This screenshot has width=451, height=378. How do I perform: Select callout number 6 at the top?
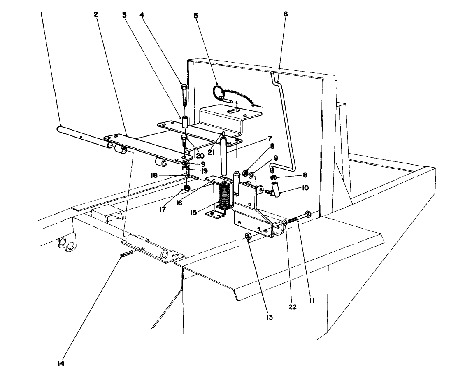pos(286,14)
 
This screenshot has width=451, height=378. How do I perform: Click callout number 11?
pos(312,301)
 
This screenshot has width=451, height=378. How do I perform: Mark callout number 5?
pos(196,16)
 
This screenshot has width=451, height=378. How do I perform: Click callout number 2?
pos(96,14)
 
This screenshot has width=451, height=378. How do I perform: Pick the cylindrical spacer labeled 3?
pos(185,122)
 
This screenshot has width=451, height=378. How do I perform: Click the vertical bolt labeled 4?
pos(184,95)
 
